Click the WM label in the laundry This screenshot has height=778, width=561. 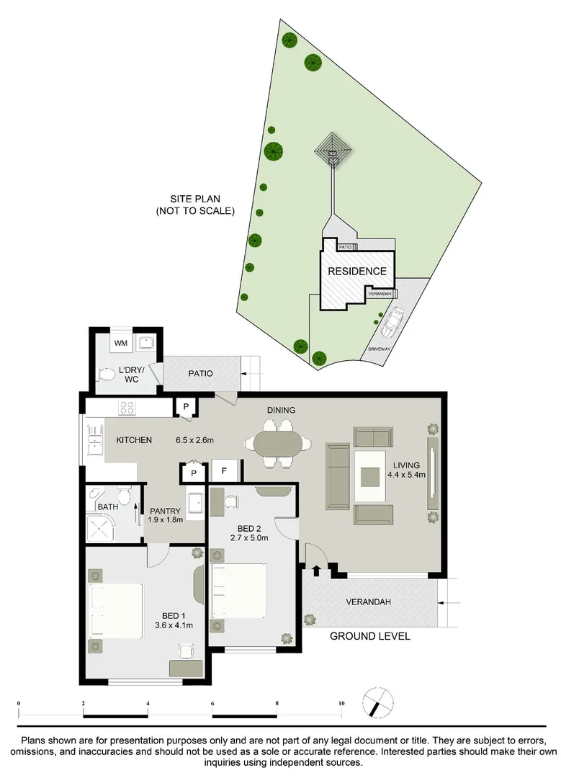coord(120,343)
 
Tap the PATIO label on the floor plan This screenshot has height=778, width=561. coord(199,374)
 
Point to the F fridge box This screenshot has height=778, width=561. coord(225,471)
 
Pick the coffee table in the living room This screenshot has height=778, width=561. coord(372,476)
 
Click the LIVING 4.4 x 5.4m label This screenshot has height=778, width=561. coord(407,469)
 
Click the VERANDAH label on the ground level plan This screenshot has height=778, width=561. coord(369,602)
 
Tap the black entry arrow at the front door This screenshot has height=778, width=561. coord(316,571)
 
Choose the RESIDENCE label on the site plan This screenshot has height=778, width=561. coord(357,272)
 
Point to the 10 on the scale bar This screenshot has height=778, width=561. coord(341,703)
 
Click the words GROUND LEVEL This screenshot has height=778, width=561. coord(369,636)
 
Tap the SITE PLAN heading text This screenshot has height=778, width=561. coord(195,205)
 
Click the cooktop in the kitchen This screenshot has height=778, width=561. coord(128,408)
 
